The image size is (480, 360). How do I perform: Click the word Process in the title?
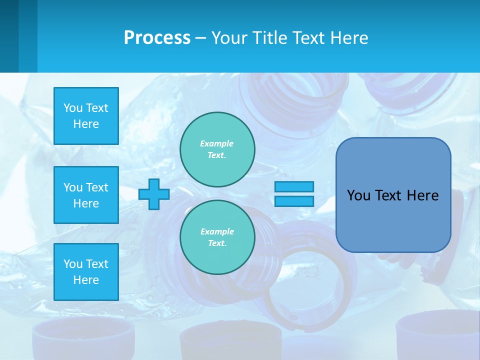[x=157, y=38]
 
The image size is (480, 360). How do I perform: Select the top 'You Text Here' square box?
[x=86, y=116]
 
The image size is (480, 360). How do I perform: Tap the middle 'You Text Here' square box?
[x=86, y=195]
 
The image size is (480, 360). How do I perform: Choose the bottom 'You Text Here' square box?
[x=86, y=272]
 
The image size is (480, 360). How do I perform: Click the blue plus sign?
[x=154, y=194]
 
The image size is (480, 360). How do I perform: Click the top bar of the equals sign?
[x=294, y=186]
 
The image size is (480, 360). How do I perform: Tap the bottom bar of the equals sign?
[x=294, y=201]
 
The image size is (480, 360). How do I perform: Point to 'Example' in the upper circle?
[x=217, y=143]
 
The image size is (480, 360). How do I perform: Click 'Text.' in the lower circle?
[x=217, y=243]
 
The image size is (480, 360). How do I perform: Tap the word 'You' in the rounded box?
[x=358, y=195]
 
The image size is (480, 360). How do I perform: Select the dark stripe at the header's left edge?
[x=9, y=36]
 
